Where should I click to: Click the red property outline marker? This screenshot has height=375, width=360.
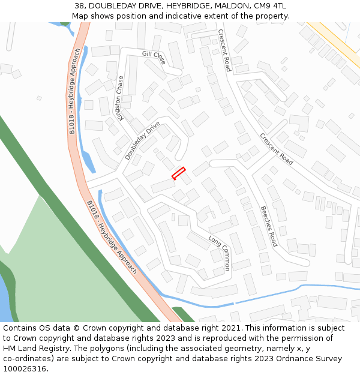[x=179, y=173]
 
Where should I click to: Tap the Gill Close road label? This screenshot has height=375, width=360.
[x=154, y=56]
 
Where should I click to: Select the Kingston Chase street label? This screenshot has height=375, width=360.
[x=121, y=98]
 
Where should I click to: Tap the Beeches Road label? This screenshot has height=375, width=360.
[x=268, y=226]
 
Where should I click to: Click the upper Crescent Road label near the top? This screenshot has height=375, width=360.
[x=224, y=50]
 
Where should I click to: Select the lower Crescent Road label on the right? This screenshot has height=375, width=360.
[x=276, y=149]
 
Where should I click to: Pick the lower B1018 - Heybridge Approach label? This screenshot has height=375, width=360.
[x=112, y=237]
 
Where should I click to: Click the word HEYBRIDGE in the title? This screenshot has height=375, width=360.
[x=179, y=6]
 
